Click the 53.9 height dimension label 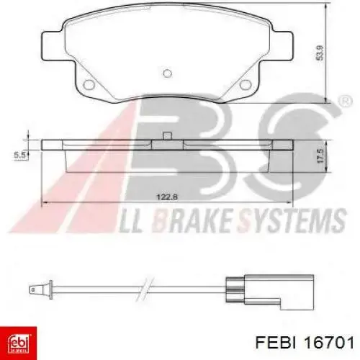320,53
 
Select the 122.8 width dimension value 167,197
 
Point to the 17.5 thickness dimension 320,156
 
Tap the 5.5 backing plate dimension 19,156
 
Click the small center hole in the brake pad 167,73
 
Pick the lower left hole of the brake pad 89,84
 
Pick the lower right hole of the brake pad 246,84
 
